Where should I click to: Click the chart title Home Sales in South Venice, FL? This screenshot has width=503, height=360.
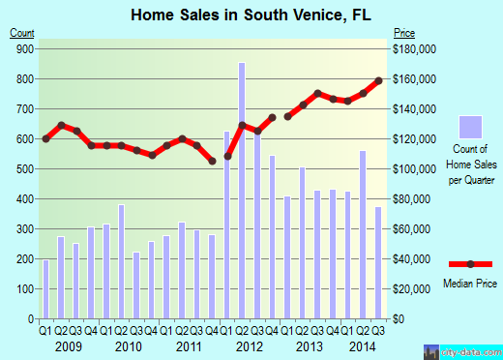click(251, 15)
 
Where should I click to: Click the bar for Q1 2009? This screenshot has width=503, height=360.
click(45, 289)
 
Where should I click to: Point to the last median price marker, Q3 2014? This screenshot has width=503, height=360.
click(379, 80)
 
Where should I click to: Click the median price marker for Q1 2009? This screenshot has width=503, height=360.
click(45, 139)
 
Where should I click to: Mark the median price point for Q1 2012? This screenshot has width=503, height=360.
click(227, 156)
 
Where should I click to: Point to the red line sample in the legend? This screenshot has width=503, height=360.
click(470, 263)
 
